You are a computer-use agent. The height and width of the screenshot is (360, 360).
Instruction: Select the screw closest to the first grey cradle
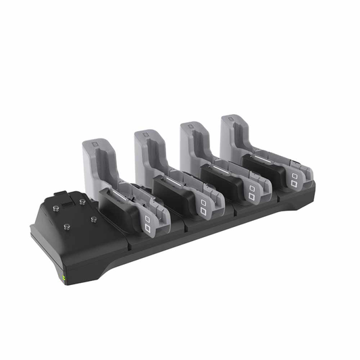point(93,219)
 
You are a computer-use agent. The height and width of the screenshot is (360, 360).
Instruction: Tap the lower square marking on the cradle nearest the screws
point(147,228)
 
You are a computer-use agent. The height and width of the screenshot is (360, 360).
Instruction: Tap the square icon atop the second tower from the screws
point(144,137)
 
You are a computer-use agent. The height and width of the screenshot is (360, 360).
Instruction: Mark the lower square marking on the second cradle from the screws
point(203,211)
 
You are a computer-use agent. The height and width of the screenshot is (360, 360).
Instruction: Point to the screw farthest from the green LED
point(82,201)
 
